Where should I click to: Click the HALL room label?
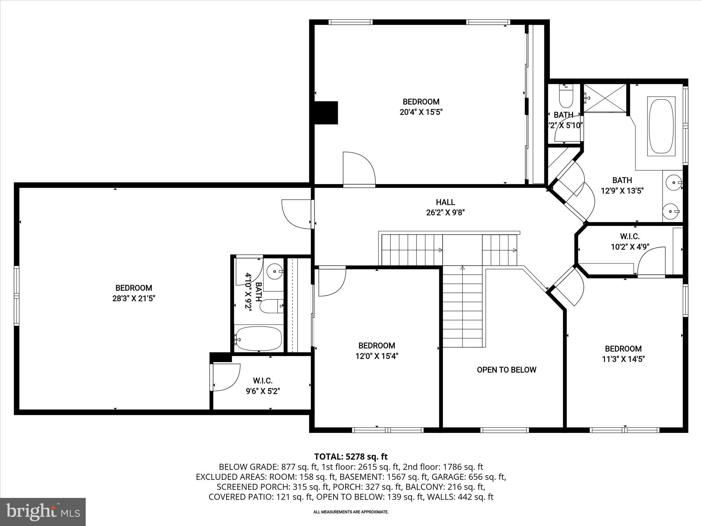[445, 202]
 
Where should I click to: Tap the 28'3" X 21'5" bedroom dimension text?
[134, 299]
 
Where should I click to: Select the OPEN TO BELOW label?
[506, 370]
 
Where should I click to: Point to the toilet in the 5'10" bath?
[566, 97]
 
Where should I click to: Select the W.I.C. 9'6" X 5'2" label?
[263, 386]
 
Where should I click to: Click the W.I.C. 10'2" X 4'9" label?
[630, 241]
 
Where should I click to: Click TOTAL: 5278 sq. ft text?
[351, 456]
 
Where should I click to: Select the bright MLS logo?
[43, 512]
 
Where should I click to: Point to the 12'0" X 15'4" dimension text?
[376, 356]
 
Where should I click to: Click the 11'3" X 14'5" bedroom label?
[623, 354]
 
